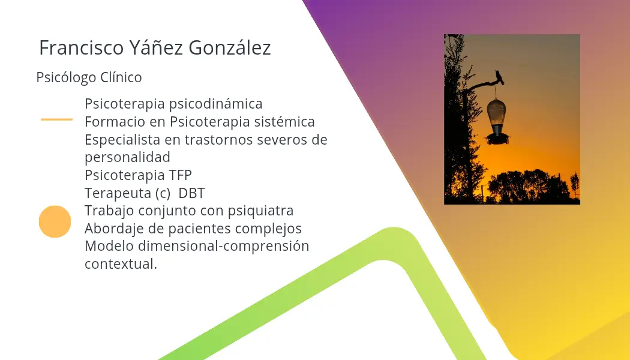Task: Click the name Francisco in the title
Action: pos(81,48)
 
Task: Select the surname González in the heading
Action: pos(230,48)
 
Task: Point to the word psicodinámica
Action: pos(216,104)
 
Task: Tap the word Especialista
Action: pos(122,140)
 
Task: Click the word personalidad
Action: pos(127,157)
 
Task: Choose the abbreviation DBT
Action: pos(191,193)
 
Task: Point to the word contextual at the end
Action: pos(121,264)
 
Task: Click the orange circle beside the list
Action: pos(55,221)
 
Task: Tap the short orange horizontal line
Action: pos(56,119)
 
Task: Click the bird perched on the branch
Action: pos(499,77)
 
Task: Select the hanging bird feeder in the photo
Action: pos(497,119)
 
